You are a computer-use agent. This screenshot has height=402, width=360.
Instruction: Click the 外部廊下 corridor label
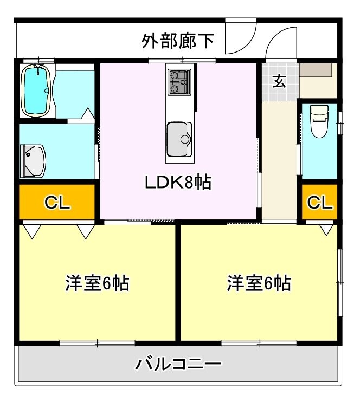pyautogui.click(x=178, y=41)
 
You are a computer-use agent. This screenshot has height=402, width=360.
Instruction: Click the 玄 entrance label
pyautogui.click(x=279, y=81)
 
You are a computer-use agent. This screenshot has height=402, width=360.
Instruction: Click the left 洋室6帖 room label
pyautogui.click(x=97, y=283)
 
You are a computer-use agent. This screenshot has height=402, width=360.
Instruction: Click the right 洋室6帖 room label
pyautogui.click(x=259, y=283)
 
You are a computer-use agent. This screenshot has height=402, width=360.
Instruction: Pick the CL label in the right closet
pyautogui.click(x=319, y=203)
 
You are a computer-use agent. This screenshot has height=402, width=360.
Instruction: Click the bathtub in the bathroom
pyautogui.click(x=37, y=90)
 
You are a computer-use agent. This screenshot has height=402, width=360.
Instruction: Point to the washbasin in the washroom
pyautogui.click(x=33, y=161)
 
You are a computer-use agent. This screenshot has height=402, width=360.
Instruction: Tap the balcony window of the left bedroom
pyautogui.click(x=97, y=343)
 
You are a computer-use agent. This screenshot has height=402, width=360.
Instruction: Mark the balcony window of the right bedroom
pyautogui.click(x=259, y=343)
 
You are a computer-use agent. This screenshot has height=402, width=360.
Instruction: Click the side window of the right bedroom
pyautogui.click(x=339, y=282)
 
